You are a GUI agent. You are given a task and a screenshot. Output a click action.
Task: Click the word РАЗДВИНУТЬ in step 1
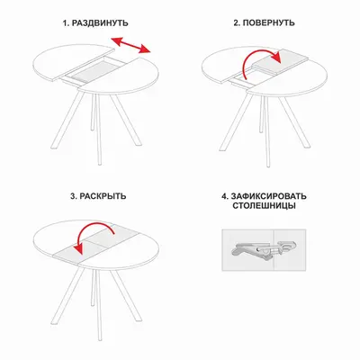tap(100, 23)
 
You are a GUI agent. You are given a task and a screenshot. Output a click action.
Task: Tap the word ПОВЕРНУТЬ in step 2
tap(268, 23)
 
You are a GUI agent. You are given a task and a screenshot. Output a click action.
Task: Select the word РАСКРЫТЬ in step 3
tap(103, 196)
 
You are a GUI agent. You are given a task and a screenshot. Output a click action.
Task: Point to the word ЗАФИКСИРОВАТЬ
tap(268, 196)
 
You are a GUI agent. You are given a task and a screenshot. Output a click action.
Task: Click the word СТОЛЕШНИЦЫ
tap(264, 206)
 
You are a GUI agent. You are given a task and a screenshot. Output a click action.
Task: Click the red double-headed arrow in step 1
tap(130, 46)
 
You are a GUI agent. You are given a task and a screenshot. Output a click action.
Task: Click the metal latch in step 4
tap(263, 249)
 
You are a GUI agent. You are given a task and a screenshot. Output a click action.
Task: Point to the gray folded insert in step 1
tap(89, 72)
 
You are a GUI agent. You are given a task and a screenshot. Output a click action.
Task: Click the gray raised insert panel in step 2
tap(281, 62)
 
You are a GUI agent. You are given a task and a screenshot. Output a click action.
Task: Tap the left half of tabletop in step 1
tap(73, 62)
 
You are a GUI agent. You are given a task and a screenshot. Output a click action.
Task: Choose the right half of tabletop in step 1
tap(120, 76)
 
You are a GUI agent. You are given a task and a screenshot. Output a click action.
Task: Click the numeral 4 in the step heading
tap(224, 196)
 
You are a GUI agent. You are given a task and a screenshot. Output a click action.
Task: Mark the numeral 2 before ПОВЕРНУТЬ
tap(236, 23)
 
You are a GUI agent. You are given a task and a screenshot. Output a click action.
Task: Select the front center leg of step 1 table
tap(98, 129)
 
